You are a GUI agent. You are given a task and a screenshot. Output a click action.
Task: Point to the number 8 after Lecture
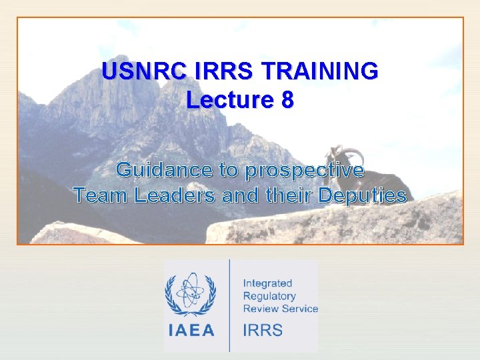(x=287, y=100)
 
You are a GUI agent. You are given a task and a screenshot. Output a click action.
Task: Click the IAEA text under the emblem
(x=191, y=329)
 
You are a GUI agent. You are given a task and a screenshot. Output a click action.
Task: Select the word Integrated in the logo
(x=267, y=283)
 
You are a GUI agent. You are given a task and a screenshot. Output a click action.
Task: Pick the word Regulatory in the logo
(x=269, y=296)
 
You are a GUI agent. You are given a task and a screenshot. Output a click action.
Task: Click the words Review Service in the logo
(x=280, y=309)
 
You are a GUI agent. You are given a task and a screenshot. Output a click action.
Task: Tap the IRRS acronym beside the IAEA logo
(x=263, y=330)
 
